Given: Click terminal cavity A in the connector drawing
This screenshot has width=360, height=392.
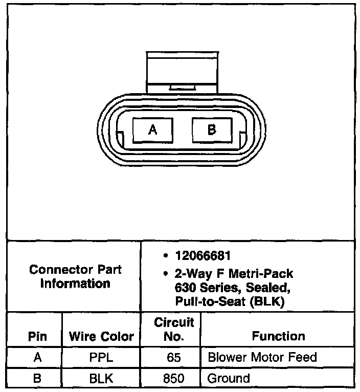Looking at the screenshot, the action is click(152, 130).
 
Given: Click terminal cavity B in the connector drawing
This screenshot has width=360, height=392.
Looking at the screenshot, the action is click(212, 130).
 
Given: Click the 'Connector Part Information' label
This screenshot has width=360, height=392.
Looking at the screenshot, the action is click(76, 276).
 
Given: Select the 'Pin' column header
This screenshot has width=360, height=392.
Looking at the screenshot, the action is click(37, 336).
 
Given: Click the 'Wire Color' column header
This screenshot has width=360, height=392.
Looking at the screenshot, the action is click(101, 336).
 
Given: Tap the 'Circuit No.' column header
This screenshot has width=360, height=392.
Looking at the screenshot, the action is click(174, 329).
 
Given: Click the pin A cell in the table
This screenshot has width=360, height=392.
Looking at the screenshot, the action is click(37, 358).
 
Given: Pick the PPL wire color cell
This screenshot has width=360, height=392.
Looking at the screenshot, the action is click(101, 358).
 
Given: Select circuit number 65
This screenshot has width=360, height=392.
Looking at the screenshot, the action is click(174, 358).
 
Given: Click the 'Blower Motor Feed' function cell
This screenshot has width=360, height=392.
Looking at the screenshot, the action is click(262, 358).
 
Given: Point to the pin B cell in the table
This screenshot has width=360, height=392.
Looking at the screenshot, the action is click(37, 379).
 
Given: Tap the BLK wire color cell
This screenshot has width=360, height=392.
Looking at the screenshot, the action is click(101, 379).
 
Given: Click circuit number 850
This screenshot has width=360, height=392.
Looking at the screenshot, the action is click(174, 379).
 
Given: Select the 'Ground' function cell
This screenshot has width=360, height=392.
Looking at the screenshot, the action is click(229, 379).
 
